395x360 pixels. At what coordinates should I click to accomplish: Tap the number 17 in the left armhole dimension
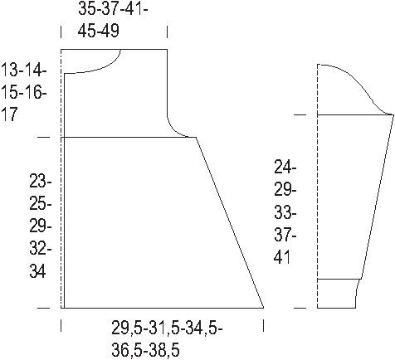point(10,114)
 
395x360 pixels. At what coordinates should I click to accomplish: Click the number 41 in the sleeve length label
point(282,257)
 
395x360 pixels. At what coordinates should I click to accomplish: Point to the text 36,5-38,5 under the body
point(145,350)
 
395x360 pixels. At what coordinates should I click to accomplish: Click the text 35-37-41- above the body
point(113,9)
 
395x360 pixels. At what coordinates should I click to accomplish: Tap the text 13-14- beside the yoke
point(24,70)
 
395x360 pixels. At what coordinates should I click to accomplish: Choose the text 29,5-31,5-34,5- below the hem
point(167,328)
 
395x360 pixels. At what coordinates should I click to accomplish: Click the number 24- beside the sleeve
point(285,168)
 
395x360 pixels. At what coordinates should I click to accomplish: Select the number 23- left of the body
point(41,182)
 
